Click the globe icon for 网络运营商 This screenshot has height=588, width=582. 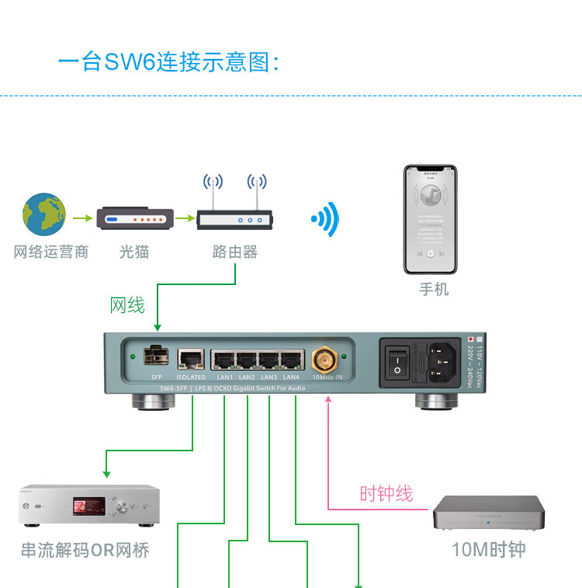(44, 215)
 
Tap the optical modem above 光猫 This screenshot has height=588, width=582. (134, 219)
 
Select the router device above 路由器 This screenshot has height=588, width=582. (234, 220)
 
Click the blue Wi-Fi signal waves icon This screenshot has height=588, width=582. (327, 219)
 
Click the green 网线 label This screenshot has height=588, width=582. (127, 305)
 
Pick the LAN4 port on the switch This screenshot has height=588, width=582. (292, 360)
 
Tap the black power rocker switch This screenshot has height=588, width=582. (397, 361)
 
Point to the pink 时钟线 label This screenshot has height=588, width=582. (386, 493)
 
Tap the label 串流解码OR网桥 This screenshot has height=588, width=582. (85, 551)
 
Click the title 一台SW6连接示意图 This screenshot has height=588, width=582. (168, 61)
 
